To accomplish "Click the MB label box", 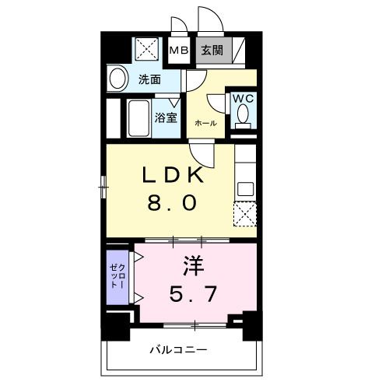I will pos(180,51).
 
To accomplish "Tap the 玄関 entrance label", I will pos(209,51).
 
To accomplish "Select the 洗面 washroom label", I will pos(150,79).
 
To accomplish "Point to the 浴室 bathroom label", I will pos(166,117).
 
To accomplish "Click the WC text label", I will pos(241,100).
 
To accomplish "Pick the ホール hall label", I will pos(205,123).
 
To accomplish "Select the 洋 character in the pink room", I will pos(194,267).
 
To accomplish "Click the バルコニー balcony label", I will pos(178,350).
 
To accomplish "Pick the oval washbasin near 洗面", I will pos(119,78).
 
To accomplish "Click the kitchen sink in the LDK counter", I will pos(245,187).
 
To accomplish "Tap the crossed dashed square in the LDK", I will pos(245,212).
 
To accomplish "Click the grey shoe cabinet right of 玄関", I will pos(239,50).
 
